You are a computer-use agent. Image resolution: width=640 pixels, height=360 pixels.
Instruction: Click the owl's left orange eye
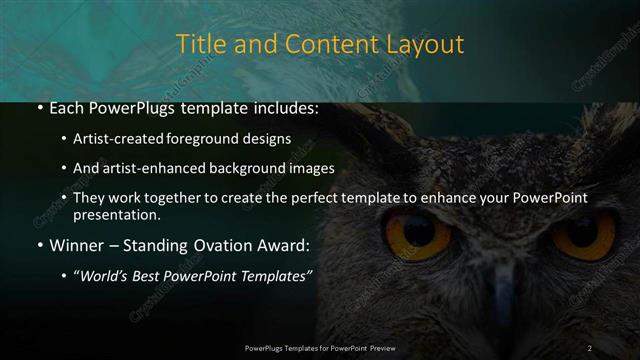(412, 232)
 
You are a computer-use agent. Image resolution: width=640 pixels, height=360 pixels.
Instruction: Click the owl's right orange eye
(582, 234)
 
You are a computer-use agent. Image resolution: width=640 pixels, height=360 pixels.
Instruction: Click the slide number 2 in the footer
(590, 347)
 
